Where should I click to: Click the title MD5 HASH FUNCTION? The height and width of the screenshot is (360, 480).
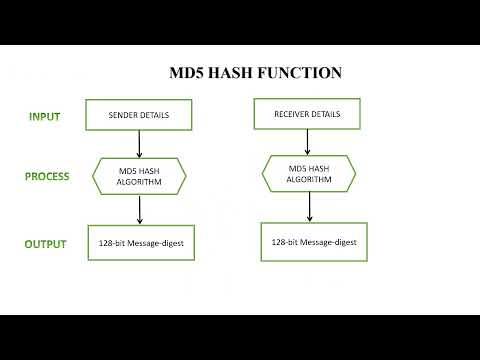(x=255, y=73)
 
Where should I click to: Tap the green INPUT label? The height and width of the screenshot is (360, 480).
(x=44, y=116)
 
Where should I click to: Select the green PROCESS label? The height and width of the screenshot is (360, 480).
(x=47, y=177)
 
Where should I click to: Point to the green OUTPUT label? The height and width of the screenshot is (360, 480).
(x=46, y=244)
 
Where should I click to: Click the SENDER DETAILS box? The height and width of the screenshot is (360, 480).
(x=138, y=115)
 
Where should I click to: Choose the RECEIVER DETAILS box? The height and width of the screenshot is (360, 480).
(x=307, y=114)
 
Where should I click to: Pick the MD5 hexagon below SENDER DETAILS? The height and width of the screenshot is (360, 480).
(x=139, y=177)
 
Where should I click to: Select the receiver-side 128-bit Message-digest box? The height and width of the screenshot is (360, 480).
(x=314, y=241)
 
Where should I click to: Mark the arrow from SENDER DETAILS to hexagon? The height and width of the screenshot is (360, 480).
(x=139, y=145)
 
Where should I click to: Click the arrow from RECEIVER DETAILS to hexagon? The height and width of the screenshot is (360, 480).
(x=308, y=142)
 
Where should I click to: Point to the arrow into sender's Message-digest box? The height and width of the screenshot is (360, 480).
(x=139, y=209)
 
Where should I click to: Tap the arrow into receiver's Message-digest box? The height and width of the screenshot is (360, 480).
(x=309, y=207)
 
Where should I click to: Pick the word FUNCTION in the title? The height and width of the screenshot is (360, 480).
(x=302, y=73)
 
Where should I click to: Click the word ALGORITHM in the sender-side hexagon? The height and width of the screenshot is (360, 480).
(x=139, y=183)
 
